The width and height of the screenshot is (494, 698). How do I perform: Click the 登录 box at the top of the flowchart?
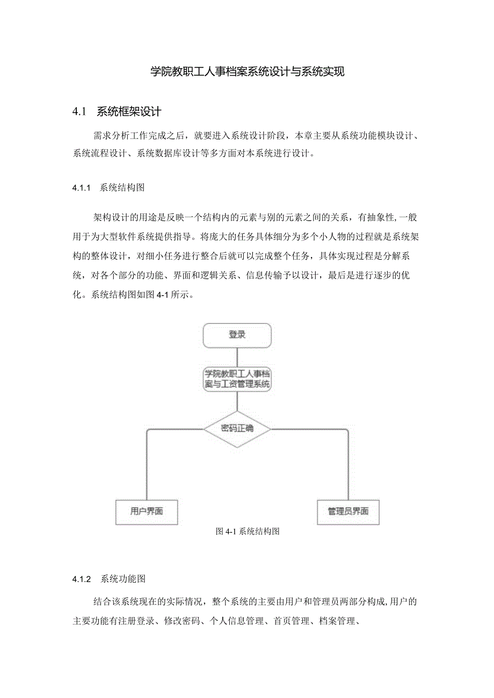[x=237, y=335]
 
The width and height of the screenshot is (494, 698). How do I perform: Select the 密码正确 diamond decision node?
[x=237, y=429]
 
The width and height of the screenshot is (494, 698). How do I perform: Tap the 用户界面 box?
[x=147, y=511]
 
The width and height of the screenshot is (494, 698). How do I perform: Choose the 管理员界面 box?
[x=348, y=511]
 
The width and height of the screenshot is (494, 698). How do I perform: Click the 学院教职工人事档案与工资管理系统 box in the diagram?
[x=237, y=379]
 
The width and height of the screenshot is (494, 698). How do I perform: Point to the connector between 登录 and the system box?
[x=237, y=356]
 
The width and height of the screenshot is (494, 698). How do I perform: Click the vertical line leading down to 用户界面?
[x=147, y=467]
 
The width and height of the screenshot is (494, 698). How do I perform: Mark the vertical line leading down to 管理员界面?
[x=348, y=467]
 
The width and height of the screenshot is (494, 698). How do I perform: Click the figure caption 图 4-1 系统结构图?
[x=248, y=532]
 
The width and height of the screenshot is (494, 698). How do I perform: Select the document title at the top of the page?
[x=247, y=72]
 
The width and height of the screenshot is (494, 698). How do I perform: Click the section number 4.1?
[x=79, y=112]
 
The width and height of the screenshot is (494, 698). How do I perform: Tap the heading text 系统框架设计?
[x=129, y=112]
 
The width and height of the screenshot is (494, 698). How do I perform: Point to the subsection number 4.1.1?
[x=82, y=188]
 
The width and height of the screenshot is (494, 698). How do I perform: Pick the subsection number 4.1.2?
[x=82, y=579]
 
